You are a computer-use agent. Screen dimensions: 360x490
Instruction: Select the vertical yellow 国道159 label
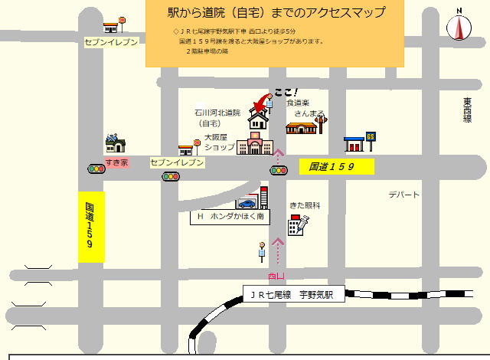[91, 227]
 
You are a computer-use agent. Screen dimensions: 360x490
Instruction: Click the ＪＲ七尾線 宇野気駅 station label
[292, 294]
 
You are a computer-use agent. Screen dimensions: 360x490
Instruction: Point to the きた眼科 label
[304, 205]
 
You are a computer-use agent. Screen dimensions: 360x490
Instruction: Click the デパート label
[403, 195]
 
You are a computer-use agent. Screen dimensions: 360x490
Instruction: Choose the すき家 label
[116, 162]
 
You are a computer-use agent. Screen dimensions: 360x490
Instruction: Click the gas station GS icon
[358, 143]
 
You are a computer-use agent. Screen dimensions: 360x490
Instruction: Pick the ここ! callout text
[286, 93]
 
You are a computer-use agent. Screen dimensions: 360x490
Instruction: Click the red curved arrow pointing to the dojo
[265, 104]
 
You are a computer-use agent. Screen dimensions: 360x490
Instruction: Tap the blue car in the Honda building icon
[247, 204]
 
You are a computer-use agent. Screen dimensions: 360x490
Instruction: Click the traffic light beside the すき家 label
[96, 169]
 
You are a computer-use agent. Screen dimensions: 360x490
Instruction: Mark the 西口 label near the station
[276, 276]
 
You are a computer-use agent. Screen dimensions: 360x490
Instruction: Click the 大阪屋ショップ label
[219, 142]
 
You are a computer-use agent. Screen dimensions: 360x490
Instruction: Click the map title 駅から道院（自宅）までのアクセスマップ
[276, 13]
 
